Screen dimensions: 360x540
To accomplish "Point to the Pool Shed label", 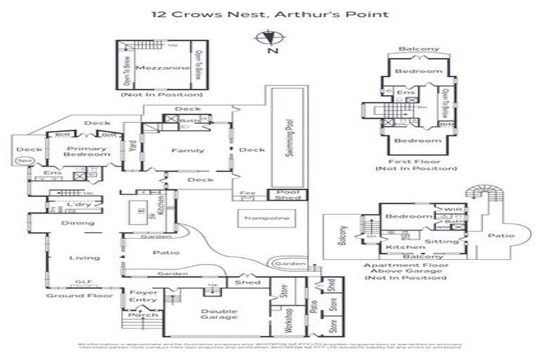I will point(287,195).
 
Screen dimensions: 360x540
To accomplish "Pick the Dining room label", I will point(77,224).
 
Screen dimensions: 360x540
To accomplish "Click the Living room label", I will point(79,258).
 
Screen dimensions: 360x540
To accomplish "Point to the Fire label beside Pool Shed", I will point(247,193).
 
